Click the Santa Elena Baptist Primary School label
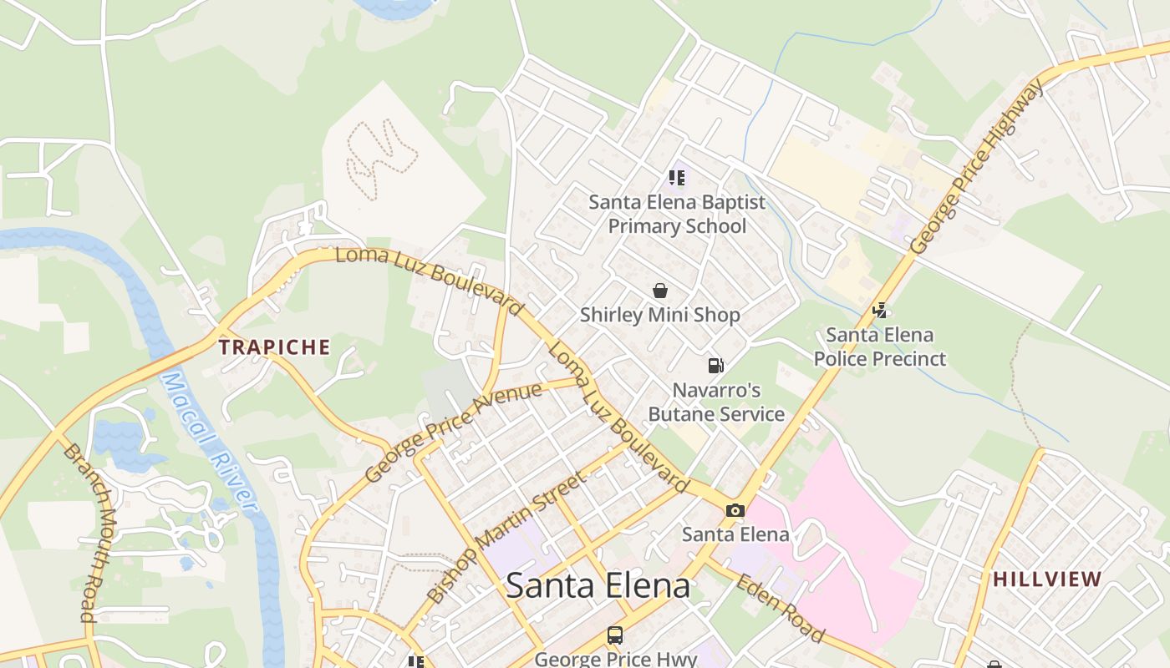tap(677, 215)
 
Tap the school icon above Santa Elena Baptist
tap(677, 178)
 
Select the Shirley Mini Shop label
tap(660, 315)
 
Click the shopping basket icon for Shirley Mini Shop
tap(660, 291)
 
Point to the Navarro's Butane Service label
tap(717, 402)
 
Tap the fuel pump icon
tap(715, 366)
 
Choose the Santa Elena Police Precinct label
tap(879, 347)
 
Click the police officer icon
tap(879, 311)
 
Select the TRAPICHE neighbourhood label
tap(275, 347)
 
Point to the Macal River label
tap(209, 443)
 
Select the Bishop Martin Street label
tap(506, 538)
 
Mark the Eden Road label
tap(780, 608)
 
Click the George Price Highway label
tap(977, 166)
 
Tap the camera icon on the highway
tap(735, 511)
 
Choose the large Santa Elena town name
tap(598, 585)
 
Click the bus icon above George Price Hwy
tap(615, 635)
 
